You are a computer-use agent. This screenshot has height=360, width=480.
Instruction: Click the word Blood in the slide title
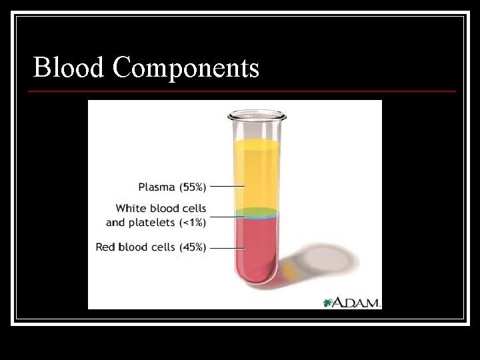click(69, 67)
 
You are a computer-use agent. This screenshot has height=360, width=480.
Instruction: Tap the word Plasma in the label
click(157, 187)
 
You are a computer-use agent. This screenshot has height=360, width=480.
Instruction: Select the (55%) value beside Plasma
click(192, 187)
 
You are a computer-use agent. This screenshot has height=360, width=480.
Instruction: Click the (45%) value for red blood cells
click(192, 247)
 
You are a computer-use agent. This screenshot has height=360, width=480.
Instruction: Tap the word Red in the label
click(105, 247)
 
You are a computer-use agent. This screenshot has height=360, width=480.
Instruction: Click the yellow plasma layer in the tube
click(257, 173)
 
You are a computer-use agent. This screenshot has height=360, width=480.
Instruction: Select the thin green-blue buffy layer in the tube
click(257, 213)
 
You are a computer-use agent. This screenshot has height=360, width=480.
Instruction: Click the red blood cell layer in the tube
click(257, 247)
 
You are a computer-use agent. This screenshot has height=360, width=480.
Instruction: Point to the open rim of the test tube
click(257, 115)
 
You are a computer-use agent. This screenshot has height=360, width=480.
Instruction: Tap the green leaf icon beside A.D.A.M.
click(327, 303)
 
